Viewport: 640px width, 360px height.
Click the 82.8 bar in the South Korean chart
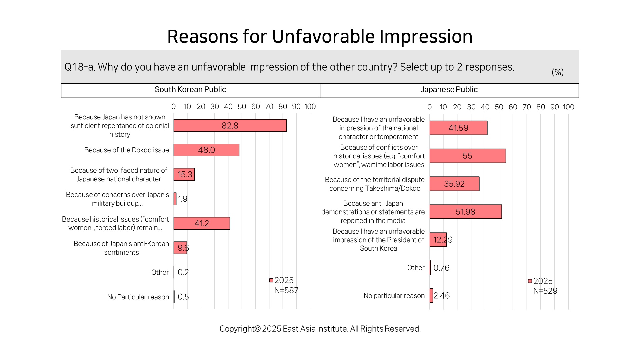(x=230, y=126)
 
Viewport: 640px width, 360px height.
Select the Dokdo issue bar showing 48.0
(x=206, y=150)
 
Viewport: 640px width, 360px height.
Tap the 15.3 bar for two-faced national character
(x=184, y=174)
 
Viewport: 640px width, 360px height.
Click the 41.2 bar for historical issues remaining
(x=202, y=223)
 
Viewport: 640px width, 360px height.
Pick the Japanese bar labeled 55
(x=467, y=156)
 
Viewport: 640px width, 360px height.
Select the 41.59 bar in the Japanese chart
(x=458, y=128)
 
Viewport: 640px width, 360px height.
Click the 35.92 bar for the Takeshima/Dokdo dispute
(x=454, y=184)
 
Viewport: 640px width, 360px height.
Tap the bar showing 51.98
(x=465, y=212)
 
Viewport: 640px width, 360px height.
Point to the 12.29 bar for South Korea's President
(x=438, y=240)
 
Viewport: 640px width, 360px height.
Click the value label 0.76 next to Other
(x=441, y=268)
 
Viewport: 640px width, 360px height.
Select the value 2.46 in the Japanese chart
(x=442, y=296)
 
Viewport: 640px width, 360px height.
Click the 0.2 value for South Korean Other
(x=183, y=272)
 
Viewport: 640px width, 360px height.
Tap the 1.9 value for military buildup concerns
(x=182, y=199)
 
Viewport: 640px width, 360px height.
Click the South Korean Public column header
(x=190, y=90)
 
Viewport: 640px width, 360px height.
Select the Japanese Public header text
(x=449, y=90)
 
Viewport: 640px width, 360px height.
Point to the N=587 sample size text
(x=286, y=291)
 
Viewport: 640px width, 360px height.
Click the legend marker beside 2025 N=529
(x=530, y=281)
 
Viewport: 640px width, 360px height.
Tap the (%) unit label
(x=558, y=72)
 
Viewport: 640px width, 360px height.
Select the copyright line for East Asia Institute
(x=320, y=329)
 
